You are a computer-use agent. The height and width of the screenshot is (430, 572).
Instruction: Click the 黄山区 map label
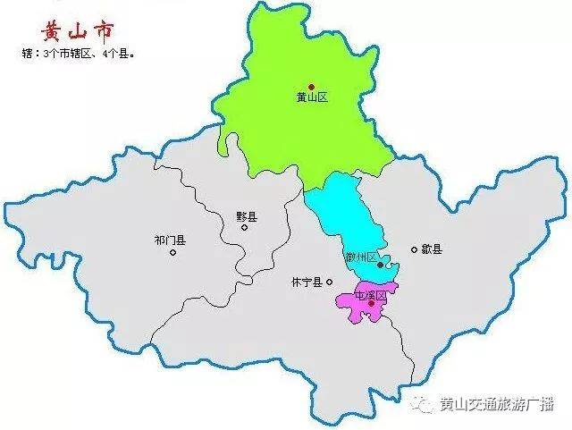[312, 97]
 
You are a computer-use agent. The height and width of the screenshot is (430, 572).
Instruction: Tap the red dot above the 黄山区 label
[311, 86]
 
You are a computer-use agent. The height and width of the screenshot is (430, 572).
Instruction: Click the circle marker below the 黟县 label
[244, 228]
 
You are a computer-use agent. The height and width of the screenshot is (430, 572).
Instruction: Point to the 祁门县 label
[169, 240]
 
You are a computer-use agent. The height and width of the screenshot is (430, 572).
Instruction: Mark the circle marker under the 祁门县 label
[172, 252]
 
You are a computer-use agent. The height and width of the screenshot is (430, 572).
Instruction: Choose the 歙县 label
[433, 249]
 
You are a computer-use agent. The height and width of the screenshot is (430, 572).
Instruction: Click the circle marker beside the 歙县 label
[414, 249]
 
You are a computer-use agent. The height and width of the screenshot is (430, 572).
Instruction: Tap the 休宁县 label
[307, 282]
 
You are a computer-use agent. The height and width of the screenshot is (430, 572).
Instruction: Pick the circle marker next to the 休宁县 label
[330, 282]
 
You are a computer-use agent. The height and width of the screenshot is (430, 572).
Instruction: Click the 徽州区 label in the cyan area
[359, 257]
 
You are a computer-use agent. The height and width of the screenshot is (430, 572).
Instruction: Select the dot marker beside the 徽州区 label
[381, 265]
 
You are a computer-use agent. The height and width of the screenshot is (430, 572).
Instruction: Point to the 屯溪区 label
[370, 294]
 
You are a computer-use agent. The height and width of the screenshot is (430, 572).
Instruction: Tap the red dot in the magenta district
[372, 304]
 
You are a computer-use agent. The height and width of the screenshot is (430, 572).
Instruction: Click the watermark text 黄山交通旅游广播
[497, 404]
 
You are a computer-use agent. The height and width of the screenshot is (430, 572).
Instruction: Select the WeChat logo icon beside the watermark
[421, 404]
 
